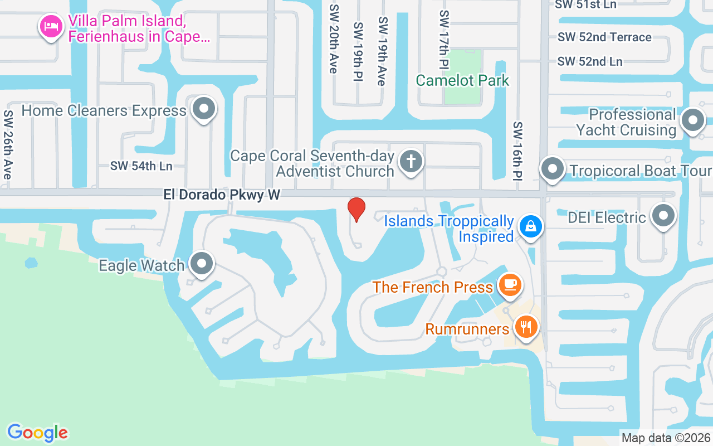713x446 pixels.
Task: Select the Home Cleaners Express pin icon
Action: click(x=204, y=108)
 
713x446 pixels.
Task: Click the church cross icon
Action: click(x=411, y=161)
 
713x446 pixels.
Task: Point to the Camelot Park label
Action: click(x=462, y=80)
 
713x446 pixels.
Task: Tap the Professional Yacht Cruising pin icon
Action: click(x=693, y=120)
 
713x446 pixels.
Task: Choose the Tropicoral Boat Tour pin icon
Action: click(x=553, y=169)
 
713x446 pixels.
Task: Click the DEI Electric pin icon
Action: click(x=663, y=216)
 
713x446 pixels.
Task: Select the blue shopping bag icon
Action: click(x=531, y=226)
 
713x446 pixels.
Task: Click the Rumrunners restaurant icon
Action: click(x=525, y=325)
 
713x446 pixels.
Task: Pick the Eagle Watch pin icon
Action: click(x=202, y=263)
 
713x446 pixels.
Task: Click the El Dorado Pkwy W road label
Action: click(x=222, y=195)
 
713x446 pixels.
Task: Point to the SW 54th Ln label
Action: click(x=141, y=166)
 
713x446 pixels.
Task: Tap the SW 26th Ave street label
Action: click(x=8, y=144)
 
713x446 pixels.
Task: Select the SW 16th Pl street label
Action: click(x=518, y=151)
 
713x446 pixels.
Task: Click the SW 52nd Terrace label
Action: click(x=604, y=37)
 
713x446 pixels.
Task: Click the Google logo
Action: click(x=37, y=433)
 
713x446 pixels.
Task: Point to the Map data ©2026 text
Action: click(x=666, y=438)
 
